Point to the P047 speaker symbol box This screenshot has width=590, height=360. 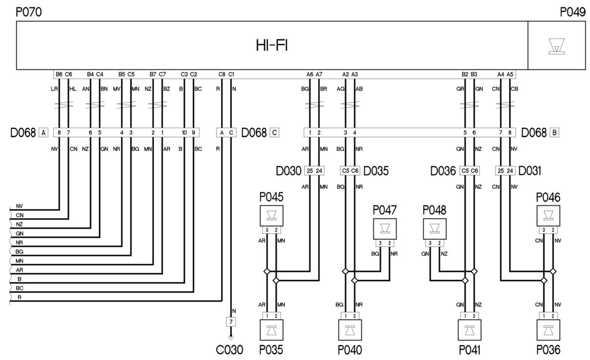[384, 228]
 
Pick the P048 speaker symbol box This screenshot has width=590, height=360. [434, 228]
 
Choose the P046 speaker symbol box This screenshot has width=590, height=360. [548, 215]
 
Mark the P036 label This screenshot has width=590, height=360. [547, 350]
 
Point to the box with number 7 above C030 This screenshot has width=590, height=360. [230, 321]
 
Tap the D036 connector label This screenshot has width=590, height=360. [444, 171]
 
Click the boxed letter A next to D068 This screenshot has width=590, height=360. [43, 133]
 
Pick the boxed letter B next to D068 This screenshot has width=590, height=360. [554, 133]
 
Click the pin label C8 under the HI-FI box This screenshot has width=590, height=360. [222, 74]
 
